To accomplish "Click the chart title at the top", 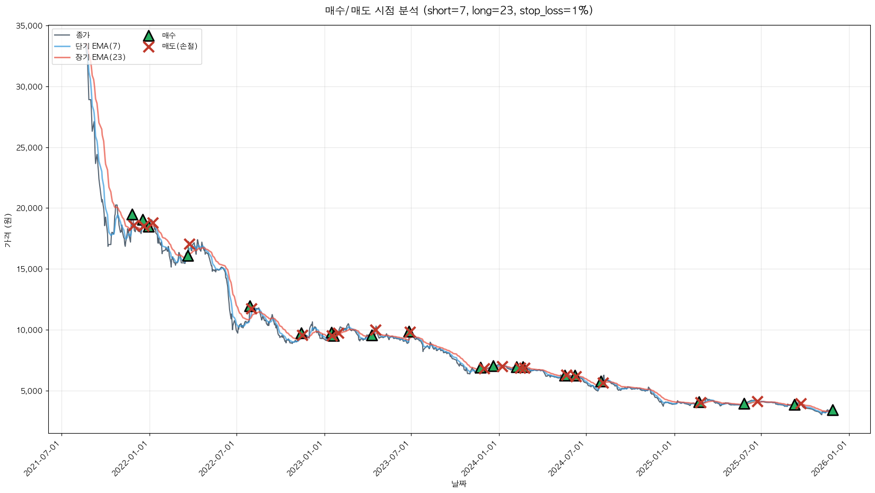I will click(x=459, y=11).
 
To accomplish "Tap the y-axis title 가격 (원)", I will click(x=7, y=230).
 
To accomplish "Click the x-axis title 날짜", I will click(x=459, y=483).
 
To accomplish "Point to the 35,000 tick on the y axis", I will click(x=30, y=26).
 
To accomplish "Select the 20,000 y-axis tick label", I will click(x=30, y=208).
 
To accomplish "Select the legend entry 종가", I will click(x=83, y=36).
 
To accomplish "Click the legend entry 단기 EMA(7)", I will click(x=98, y=46).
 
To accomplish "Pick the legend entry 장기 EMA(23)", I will click(x=100, y=57).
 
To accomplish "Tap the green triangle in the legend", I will click(x=148, y=36).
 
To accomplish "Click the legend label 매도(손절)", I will click(x=180, y=46).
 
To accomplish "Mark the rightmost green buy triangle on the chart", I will click(x=833, y=410).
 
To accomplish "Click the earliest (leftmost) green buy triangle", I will click(x=133, y=215).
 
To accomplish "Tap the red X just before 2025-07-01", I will click(x=757, y=401).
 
